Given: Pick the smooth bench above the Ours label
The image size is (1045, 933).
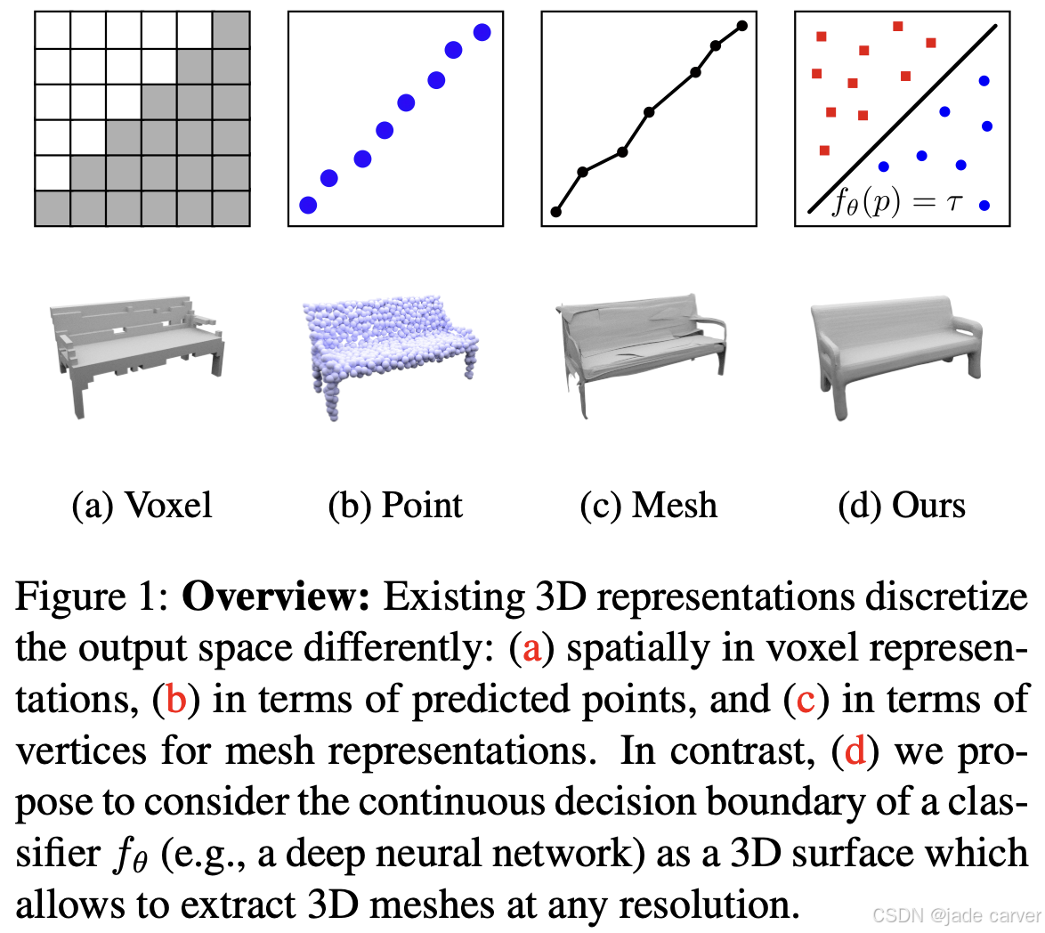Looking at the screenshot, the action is (x=895, y=352).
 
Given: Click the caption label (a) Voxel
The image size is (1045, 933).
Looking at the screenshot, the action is (x=142, y=506).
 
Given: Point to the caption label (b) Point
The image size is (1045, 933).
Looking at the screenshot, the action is (x=395, y=506).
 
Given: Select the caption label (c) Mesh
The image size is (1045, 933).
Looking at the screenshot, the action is (x=648, y=506).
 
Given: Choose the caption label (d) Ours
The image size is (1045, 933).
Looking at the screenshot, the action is (x=902, y=506).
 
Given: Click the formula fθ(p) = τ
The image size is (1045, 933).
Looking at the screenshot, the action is (x=896, y=203).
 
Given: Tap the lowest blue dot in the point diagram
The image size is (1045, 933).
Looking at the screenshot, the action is (x=308, y=205).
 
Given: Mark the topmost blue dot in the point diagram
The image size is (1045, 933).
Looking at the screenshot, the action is (x=482, y=32).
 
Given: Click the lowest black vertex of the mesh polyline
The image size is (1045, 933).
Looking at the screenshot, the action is (x=556, y=212).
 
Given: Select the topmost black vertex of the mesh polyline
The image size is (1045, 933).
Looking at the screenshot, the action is (x=742, y=25).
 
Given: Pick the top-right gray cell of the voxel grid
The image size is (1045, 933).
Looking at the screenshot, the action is (x=231, y=29).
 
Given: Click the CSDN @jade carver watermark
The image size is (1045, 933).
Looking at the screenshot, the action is (x=956, y=916).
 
